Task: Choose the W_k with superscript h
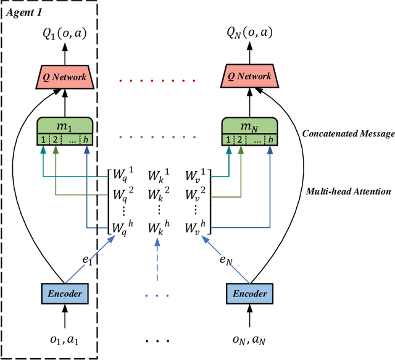pos(159,228)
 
